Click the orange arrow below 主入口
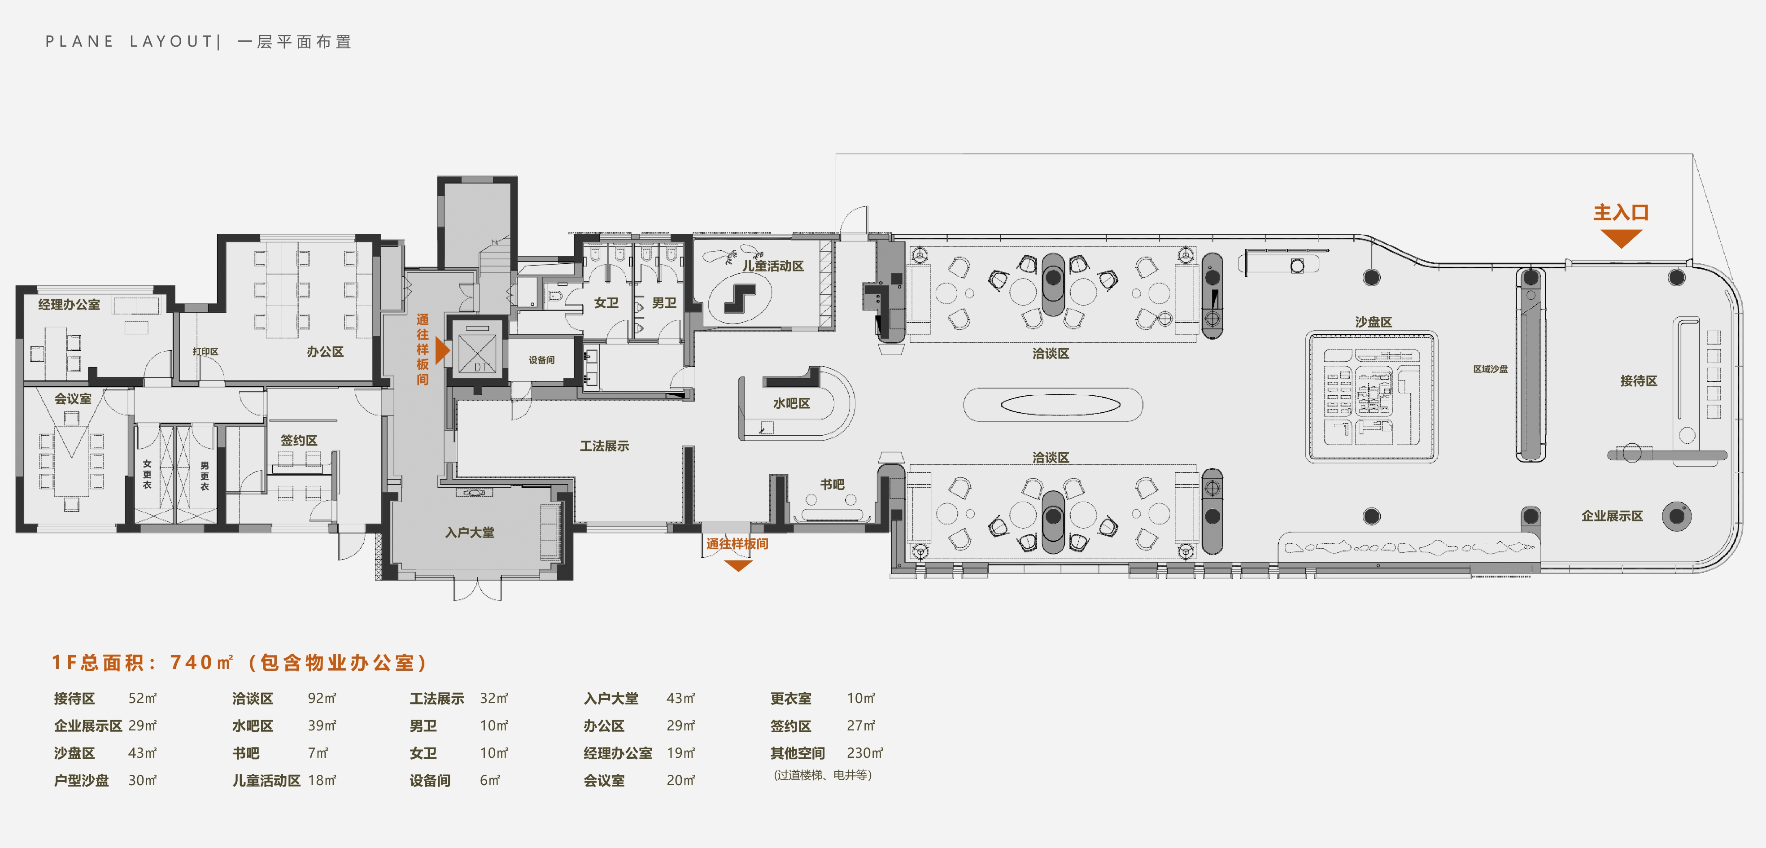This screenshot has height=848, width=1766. tap(1621, 238)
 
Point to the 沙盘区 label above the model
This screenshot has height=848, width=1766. tap(1373, 322)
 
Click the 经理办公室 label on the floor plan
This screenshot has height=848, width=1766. tap(69, 304)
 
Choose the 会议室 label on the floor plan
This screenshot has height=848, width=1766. tap(73, 398)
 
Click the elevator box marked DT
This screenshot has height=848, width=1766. tap(477, 350)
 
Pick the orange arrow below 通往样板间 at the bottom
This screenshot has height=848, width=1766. tap(738, 566)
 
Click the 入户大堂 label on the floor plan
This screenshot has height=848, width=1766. tap(470, 532)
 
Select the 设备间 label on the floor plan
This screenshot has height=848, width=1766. tap(541, 360)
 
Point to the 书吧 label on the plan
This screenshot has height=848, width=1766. tap(832, 484)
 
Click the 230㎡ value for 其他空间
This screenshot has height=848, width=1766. tap(864, 753)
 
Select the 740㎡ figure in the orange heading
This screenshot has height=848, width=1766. tap(201, 662)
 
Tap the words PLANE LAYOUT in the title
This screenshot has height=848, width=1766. tap(129, 41)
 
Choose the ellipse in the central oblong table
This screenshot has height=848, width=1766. tap(1060, 405)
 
